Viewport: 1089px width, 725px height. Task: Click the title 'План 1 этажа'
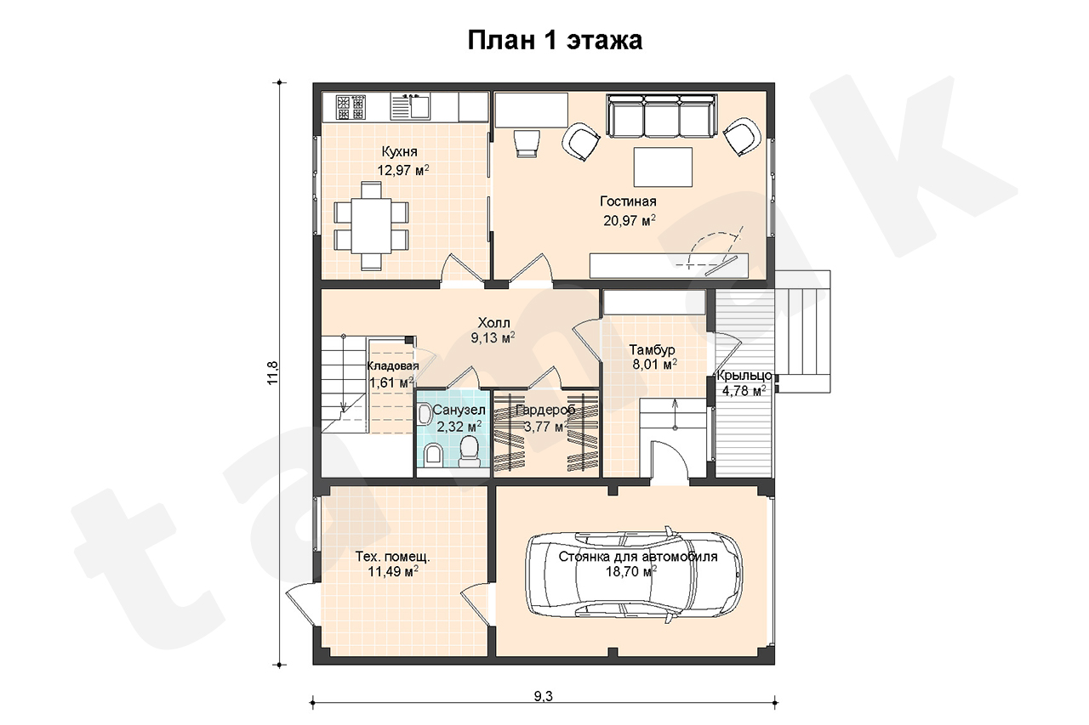point(555,41)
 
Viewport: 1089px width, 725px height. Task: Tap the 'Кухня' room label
point(400,151)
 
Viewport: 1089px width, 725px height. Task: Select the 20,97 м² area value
point(629,220)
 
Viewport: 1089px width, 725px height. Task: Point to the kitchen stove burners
point(351,107)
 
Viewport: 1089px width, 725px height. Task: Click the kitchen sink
point(411,107)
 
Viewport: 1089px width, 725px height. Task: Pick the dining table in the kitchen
point(372,225)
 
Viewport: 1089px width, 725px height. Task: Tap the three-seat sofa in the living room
point(662,116)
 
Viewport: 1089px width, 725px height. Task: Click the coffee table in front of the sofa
point(663,167)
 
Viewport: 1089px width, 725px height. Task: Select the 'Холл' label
point(494,322)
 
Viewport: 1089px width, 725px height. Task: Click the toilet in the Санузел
point(469,451)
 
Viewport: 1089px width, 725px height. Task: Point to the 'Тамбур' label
point(652,349)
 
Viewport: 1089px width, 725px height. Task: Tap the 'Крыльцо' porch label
point(744,376)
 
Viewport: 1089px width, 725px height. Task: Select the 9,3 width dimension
point(544,696)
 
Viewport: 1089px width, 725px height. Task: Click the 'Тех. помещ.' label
point(392,557)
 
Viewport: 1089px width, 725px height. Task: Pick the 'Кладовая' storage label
point(393,366)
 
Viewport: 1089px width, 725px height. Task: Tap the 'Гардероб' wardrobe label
point(545,410)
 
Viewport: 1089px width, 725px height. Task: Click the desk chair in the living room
point(526,143)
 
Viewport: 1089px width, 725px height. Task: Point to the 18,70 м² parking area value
point(631,571)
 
